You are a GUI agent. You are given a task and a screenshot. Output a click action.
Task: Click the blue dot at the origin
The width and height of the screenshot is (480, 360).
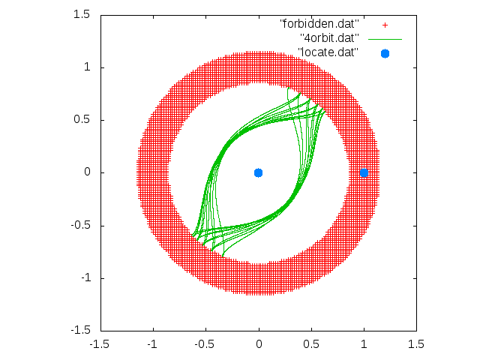(x=258, y=173)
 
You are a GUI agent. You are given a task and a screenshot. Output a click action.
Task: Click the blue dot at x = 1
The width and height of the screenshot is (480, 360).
(x=364, y=173)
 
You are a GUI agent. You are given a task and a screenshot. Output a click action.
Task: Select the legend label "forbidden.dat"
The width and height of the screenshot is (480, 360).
(x=319, y=23)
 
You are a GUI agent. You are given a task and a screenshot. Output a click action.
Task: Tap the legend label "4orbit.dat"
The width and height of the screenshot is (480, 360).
(x=329, y=38)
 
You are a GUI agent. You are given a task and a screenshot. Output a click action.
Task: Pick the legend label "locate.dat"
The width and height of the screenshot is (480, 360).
(x=328, y=52)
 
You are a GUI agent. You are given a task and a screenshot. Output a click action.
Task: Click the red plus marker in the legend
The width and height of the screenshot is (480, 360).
(x=385, y=25)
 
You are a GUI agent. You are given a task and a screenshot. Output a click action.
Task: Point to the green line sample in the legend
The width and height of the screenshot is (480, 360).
(x=385, y=39)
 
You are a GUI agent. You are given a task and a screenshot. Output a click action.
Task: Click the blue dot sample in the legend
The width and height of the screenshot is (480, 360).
(x=385, y=53)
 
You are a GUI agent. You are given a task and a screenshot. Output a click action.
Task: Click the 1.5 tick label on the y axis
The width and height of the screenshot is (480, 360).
(x=82, y=14)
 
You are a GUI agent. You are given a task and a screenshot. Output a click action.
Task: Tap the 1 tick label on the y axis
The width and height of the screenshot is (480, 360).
(x=87, y=67)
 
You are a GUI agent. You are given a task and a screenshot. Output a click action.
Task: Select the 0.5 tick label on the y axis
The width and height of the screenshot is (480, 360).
(x=82, y=120)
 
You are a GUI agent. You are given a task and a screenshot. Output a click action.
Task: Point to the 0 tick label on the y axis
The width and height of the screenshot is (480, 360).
(x=87, y=172)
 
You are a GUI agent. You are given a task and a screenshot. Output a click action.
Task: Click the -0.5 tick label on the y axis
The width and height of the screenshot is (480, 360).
(x=80, y=225)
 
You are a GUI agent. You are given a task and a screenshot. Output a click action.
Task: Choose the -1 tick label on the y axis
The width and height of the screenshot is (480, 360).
(x=85, y=278)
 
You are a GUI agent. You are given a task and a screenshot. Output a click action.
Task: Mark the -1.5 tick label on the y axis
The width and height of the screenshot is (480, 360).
(x=81, y=331)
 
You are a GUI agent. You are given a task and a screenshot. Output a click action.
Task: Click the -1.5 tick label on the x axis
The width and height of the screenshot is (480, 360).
(x=99, y=344)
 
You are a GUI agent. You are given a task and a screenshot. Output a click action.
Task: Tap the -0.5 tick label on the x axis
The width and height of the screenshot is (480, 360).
(x=204, y=344)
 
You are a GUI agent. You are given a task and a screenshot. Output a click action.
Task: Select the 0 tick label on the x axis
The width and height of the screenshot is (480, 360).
(x=259, y=344)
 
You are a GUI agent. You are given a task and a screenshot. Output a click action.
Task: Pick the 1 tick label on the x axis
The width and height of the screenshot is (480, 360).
(x=364, y=344)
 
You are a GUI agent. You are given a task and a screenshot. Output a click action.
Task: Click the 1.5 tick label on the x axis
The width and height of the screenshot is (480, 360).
(x=416, y=344)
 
